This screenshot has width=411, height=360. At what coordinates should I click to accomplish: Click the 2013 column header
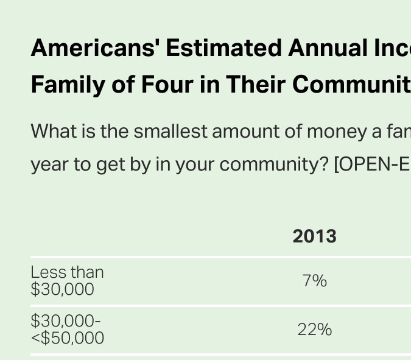tap(314, 236)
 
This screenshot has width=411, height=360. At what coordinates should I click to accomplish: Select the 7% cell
tap(314, 281)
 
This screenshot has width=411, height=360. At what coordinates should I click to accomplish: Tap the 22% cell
tap(314, 330)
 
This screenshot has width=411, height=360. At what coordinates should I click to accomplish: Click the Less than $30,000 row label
tap(67, 281)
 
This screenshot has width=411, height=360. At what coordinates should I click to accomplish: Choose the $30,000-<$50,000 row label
tap(67, 330)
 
